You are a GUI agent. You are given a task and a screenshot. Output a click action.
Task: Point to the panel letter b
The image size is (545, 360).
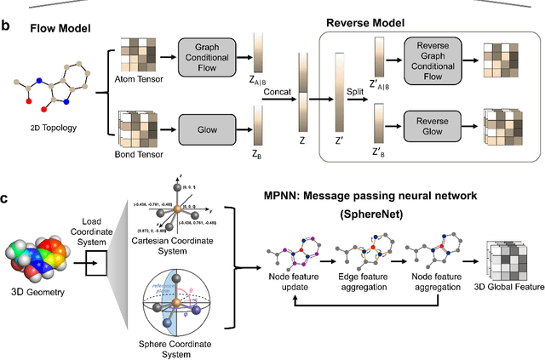point(6,26)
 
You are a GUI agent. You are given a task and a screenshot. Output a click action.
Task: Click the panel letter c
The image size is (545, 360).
point(6,200)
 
